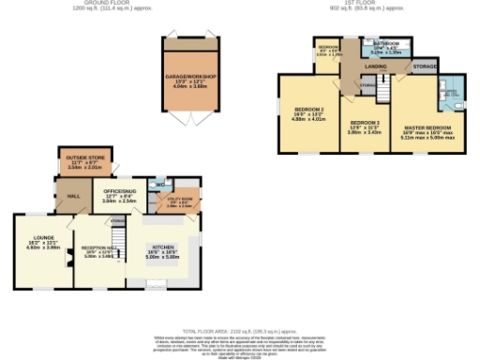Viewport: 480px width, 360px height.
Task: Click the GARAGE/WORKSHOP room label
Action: [191, 75]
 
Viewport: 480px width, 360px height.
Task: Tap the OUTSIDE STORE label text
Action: [85, 160]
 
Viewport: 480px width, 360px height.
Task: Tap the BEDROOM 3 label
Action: [365, 124]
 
